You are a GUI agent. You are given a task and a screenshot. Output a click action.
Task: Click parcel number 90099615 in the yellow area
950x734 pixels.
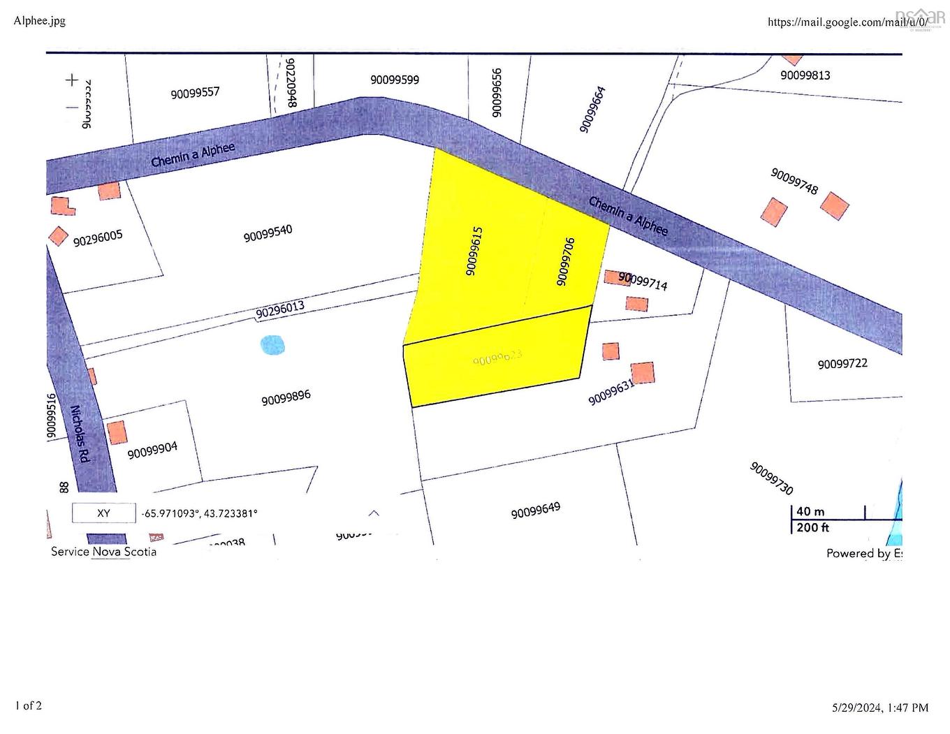click(x=474, y=251)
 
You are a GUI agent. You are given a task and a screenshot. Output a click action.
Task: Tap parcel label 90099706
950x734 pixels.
click(x=565, y=262)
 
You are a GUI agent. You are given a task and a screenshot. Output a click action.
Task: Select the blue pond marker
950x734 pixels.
click(x=272, y=345)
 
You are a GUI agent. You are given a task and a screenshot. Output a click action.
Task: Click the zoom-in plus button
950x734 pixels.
click(x=72, y=80)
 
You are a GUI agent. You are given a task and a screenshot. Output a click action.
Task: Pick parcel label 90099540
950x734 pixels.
click(x=268, y=233)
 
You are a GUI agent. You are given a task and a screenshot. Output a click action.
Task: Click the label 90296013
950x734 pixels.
click(x=280, y=310)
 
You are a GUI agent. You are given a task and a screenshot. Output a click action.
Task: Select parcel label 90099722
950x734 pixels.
click(x=842, y=364)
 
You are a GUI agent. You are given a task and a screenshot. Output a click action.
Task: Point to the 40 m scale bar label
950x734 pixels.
click(x=810, y=512)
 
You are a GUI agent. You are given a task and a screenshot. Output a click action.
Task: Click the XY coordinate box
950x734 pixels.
click(x=103, y=513)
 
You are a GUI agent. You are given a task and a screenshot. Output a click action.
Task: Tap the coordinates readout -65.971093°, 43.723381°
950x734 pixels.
click(x=200, y=513)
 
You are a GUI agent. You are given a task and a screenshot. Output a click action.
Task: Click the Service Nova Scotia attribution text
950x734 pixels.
click(x=103, y=552)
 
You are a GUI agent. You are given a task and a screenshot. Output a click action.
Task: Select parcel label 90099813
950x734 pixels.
click(x=805, y=75)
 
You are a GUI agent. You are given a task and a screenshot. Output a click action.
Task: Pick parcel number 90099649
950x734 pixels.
click(x=536, y=511)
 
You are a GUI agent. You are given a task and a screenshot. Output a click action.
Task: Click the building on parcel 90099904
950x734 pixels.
click(x=117, y=432)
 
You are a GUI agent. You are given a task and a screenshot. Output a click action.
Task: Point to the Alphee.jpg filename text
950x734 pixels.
click(x=40, y=20)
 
